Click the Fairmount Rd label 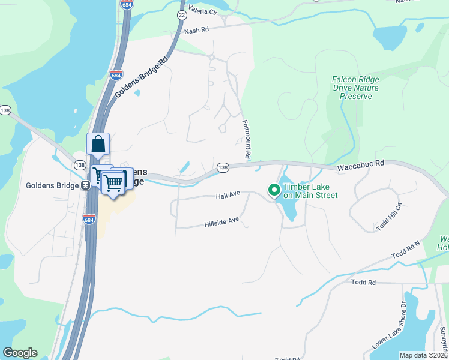click(246, 138)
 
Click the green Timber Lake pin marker click(274, 190)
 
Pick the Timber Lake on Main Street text click(310, 191)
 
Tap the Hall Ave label click(228, 196)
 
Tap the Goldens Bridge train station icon click(86, 185)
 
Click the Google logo click(20, 353)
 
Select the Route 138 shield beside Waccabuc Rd click(223, 168)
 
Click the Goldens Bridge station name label click(53, 185)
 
